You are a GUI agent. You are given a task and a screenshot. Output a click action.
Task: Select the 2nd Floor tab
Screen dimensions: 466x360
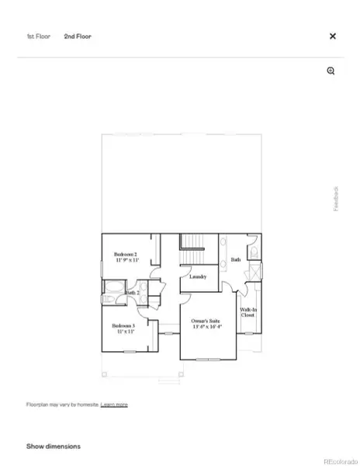[78, 37]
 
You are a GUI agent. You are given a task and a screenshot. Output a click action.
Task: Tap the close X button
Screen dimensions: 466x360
[333, 37]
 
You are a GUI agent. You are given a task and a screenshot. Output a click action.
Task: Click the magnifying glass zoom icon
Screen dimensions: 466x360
[331, 71]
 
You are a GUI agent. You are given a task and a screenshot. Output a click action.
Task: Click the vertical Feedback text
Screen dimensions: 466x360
[336, 198]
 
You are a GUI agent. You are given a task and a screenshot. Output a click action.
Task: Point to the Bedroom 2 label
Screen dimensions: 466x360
[126, 255]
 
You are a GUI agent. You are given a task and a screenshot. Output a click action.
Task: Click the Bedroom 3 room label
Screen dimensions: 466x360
[123, 325]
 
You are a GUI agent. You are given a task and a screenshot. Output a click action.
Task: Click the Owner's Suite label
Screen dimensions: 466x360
[206, 320]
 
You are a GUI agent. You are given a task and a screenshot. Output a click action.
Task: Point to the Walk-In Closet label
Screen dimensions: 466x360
[247, 312]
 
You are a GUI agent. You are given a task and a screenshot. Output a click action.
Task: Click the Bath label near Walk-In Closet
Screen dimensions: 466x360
[235, 259]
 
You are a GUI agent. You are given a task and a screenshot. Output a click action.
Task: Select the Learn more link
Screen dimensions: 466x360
[114, 405]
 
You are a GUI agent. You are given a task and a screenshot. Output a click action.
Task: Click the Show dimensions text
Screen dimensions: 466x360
[54, 447]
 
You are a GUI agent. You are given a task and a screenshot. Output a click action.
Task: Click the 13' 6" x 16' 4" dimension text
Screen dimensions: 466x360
[206, 327]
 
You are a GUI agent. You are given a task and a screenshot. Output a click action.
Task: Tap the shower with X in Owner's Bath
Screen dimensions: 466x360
[253, 275]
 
